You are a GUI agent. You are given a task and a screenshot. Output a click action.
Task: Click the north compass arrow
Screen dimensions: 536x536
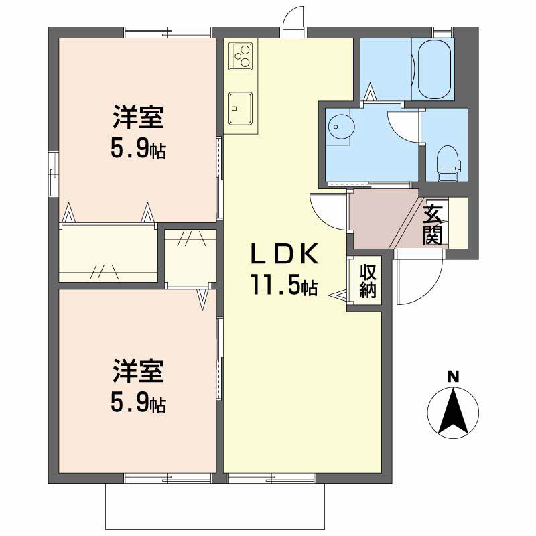(453, 409)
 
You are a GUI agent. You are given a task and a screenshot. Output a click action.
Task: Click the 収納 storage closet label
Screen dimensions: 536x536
(368, 281)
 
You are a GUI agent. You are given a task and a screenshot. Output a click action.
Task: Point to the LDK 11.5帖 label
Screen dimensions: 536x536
(283, 269)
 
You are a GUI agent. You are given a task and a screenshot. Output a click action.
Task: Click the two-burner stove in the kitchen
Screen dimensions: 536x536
(241, 55)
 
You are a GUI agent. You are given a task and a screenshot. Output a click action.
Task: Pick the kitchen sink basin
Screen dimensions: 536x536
(240, 108)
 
